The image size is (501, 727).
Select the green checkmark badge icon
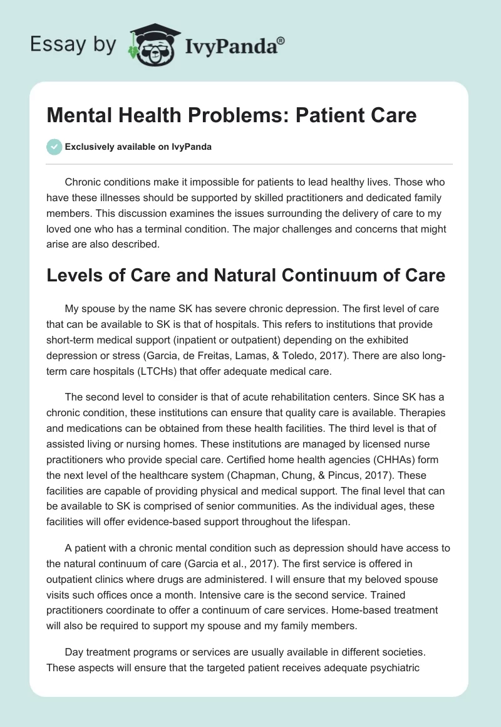(54, 147)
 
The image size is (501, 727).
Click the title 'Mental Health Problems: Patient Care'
(231, 116)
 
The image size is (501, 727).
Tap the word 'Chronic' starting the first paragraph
(84, 182)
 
